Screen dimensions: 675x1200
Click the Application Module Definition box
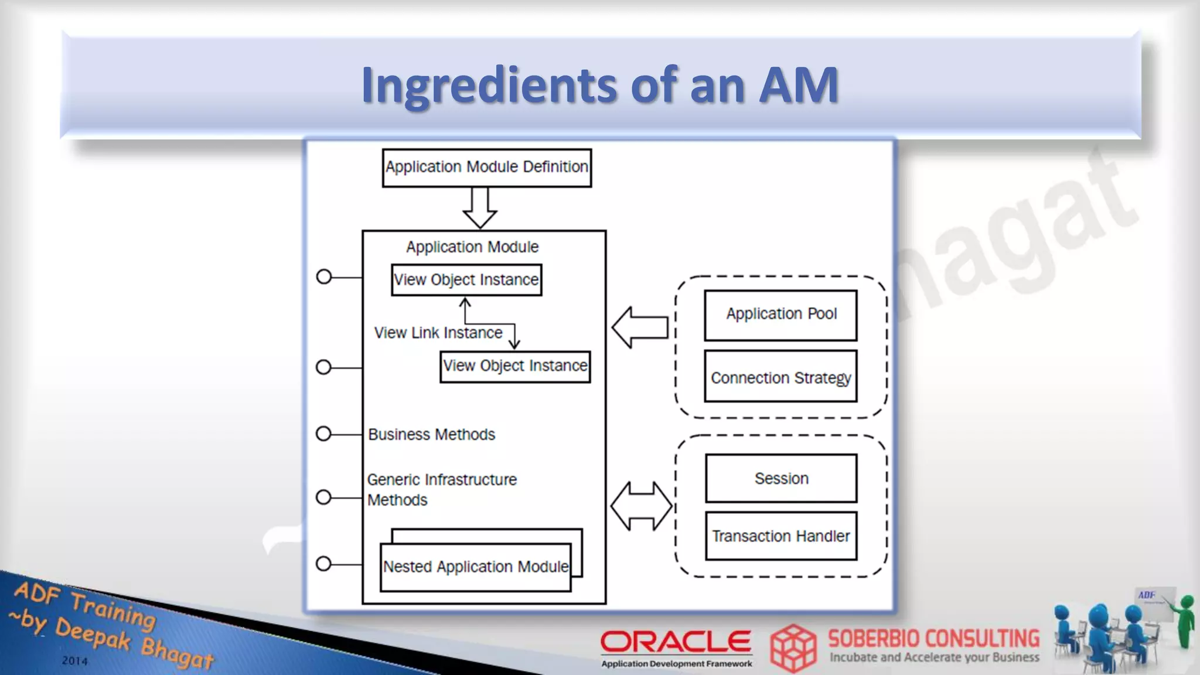[486, 168]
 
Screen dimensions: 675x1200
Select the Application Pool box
[780, 315]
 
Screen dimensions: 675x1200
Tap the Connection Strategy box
[780, 376]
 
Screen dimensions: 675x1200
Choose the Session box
[781, 478]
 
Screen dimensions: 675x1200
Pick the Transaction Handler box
[781, 536]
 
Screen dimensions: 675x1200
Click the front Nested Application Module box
[475, 567]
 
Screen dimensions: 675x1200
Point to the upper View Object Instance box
[466, 280]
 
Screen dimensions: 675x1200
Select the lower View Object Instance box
[515, 366]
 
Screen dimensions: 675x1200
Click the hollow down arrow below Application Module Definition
[480, 208]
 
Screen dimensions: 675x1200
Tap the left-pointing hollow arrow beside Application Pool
[640, 327]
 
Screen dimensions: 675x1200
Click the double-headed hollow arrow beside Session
[642, 506]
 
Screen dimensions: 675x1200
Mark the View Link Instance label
[438, 333]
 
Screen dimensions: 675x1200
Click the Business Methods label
[431, 434]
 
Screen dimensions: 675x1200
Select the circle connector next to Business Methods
[323, 434]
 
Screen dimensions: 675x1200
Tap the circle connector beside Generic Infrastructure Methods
[323, 497]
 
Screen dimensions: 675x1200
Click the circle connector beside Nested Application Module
[323, 564]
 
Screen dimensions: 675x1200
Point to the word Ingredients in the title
[489, 86]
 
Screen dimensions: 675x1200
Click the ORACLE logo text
[676, 642]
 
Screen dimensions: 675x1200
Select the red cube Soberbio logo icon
[793, 648]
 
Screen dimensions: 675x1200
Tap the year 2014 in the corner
[74, 661]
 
